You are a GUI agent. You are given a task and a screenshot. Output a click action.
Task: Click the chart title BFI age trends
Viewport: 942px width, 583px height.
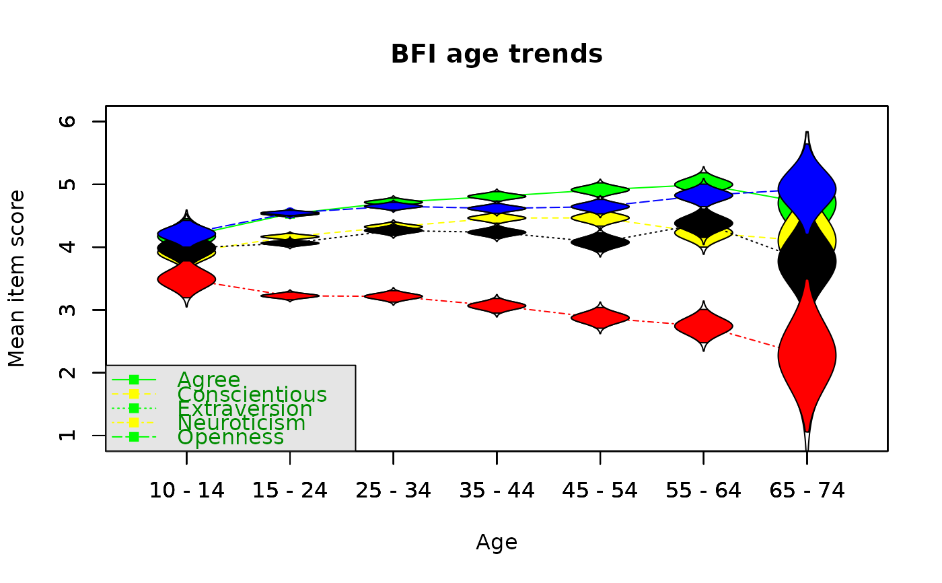(x=497, y=55)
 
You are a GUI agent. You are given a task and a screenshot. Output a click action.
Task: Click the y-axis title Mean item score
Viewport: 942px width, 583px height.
(x=17, y=279)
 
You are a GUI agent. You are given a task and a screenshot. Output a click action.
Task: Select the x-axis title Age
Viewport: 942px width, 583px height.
(x=497, y=542)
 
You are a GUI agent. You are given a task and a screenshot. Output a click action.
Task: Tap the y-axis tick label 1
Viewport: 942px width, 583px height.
(x=67, y=436)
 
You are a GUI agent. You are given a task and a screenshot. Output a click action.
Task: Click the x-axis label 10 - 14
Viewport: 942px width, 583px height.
(x=187, y=491)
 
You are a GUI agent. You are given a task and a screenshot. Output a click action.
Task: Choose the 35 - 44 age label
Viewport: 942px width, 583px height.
(x=497, y=491)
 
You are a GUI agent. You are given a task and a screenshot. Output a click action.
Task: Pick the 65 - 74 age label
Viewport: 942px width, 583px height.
(x=807, y=491)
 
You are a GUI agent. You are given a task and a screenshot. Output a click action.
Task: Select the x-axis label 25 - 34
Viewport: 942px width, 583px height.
(x=393, y=491)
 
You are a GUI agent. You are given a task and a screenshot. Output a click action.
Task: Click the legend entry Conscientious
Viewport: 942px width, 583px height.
(x=252, y=395)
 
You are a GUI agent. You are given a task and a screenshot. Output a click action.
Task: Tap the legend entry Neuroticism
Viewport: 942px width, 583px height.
(x=242, y=423)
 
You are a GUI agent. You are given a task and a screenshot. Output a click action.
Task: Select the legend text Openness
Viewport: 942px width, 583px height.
(x=230, y=438)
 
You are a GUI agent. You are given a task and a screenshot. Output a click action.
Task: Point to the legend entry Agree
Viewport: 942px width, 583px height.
(x=209, y=380)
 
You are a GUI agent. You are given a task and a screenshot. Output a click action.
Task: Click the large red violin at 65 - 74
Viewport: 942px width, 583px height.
(x=807, y=356)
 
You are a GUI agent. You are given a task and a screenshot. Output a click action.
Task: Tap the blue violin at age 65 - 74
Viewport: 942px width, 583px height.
(x=807, y=189)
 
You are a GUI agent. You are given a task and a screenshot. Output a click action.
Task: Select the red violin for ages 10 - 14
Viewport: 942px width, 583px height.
(x=187, y=279)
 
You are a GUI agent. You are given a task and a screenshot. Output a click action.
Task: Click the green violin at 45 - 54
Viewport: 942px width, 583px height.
(x=600, y=190)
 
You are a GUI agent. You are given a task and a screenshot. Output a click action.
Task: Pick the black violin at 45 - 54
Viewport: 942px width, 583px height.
(x=600, y=243)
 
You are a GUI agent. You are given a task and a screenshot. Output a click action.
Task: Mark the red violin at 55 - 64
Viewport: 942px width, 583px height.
(x=704, y=326)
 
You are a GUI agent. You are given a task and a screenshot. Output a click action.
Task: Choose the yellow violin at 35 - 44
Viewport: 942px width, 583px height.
(x=497, y=218)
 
